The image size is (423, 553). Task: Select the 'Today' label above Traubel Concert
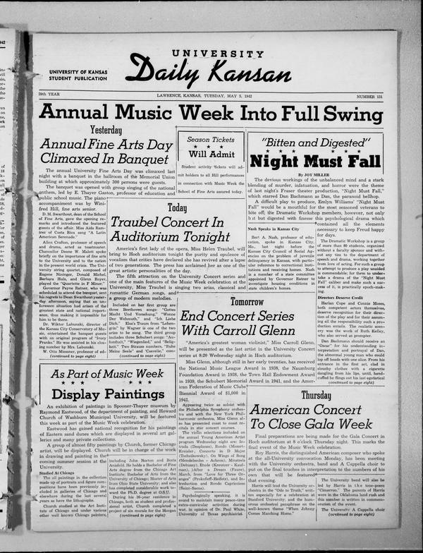[177, 207]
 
